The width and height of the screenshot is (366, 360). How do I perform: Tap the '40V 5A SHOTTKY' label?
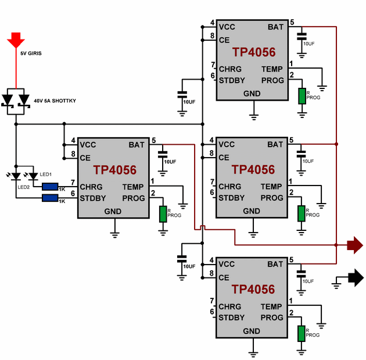tap(55, 101)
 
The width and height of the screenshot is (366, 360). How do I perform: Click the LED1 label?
tap(46, 174)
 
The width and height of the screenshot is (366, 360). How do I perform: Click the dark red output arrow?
tap(354, 245)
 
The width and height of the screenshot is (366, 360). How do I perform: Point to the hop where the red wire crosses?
tap(202, 227)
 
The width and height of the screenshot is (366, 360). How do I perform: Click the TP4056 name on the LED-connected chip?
tap(114, 170)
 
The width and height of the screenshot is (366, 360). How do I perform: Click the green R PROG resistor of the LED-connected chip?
tap(163, 214)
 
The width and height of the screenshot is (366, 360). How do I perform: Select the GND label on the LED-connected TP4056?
tap(113, 211)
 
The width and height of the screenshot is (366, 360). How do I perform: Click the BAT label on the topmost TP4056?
tap(275, 27)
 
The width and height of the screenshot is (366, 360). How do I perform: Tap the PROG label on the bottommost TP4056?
tap(272, 318)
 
